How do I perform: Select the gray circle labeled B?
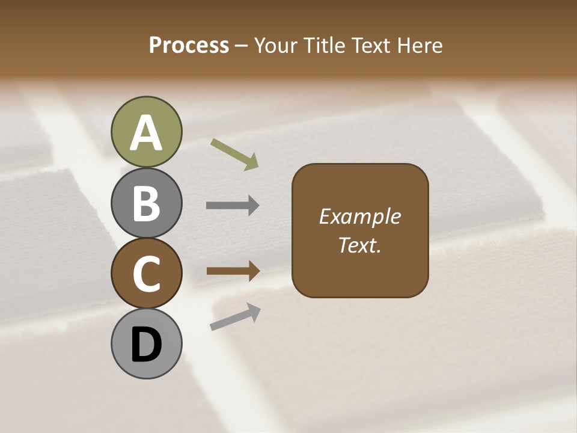pos(146,203)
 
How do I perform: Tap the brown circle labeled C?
pos(146,274)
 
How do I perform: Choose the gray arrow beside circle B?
pos(233,206)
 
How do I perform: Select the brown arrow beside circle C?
pos(233,271)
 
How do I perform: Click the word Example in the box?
pos(359,216)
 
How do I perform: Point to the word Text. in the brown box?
pos(359,245)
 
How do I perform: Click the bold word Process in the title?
pos(189,46)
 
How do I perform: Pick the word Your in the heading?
pos(276,46)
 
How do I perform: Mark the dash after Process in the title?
pos(242,46)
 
